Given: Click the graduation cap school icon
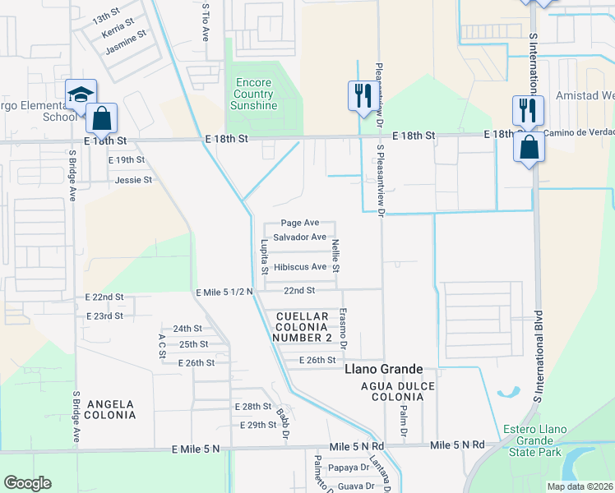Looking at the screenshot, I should (81, 94).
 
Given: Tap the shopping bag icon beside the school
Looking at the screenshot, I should (102, 118).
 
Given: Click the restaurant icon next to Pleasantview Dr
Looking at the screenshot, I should (359, 95).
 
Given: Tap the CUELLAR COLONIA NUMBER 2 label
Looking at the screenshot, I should (305, 327).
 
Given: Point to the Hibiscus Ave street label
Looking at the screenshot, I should (300, 267).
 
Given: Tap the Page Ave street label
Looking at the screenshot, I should (300, 223).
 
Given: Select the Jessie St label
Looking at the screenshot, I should (133, 179).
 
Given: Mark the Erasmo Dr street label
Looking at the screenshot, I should (344, 327).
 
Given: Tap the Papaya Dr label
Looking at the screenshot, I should (349, 468).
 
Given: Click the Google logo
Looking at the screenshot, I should (28, 483).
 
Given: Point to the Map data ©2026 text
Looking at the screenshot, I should (580, 486).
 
